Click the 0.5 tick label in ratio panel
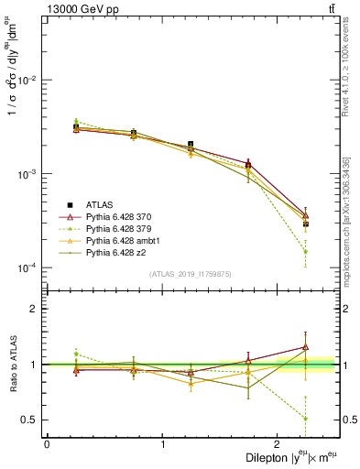(x=32, y=420)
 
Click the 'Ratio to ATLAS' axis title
(x=11, y=365)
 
